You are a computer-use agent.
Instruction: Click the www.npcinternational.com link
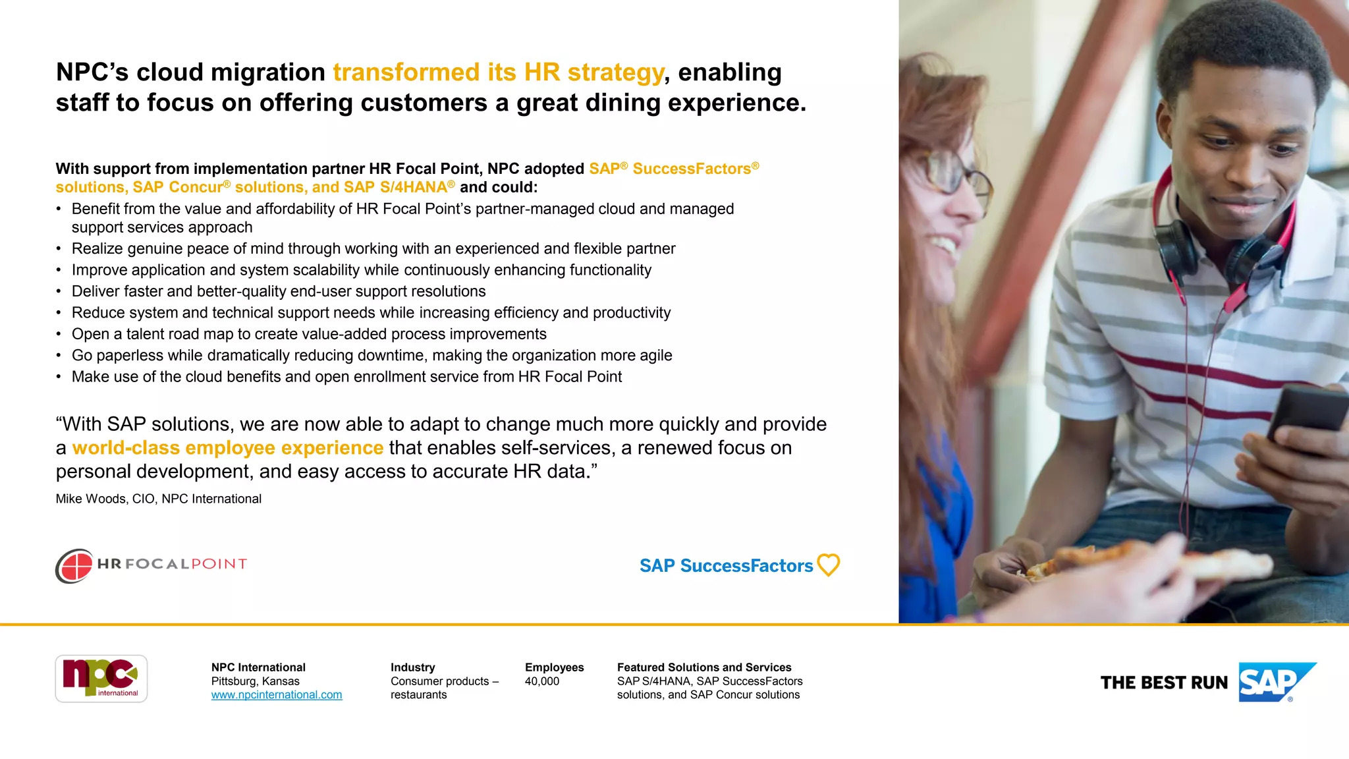click(x=277, y=695)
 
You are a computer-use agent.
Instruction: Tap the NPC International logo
click(x=101, y=679)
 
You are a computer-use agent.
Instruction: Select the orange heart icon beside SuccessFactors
click(x=828, y=565)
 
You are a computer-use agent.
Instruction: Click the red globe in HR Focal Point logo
click(x=74, y=566)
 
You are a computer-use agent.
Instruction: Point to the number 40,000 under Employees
click(x=541, y=681)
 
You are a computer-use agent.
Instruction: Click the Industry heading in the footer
click(x=412, y=667)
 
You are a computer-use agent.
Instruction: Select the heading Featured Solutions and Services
click(x=703, y=667)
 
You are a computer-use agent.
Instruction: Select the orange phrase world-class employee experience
click(x=227, y=448)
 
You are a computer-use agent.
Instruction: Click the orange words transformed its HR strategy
click(x=498, y=72)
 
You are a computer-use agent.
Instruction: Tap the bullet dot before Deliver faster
click(x=59, y=292)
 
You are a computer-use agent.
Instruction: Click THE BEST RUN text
click(x=1164, y=683)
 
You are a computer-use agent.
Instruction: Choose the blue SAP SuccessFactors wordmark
click(x=726, y=566)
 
